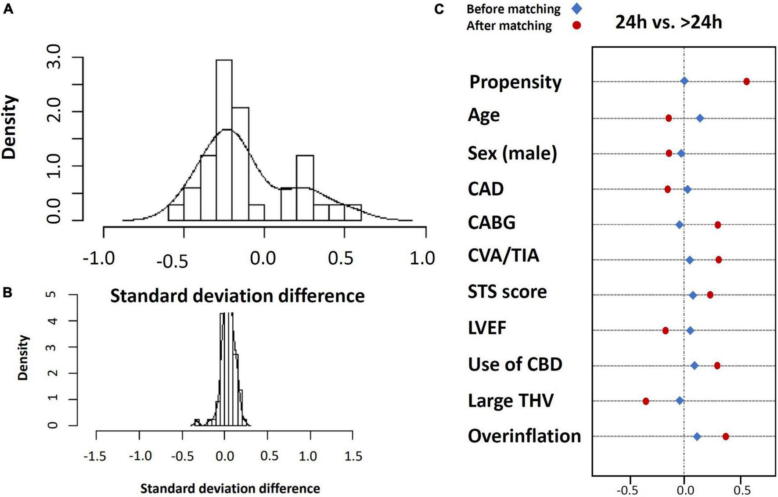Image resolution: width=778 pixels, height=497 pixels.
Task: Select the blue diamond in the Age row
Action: point(700,119)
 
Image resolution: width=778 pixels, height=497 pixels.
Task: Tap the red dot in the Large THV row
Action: point(645,401)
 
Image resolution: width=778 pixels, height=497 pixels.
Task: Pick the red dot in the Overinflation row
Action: point(725,436)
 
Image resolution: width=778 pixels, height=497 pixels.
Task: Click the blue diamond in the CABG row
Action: point(679,225)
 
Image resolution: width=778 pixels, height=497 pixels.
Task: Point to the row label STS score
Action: point(507,292)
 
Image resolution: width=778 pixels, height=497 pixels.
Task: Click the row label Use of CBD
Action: point(515,364)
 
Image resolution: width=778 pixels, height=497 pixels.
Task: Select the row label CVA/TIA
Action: point(503,255)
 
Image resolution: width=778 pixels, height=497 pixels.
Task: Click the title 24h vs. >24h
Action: point(668,22)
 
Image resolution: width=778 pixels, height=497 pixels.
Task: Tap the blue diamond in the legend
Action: point(577,8)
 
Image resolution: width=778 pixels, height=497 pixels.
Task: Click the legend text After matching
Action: point(509,26)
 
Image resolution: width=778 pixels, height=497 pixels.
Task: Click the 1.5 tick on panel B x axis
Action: point(353,457)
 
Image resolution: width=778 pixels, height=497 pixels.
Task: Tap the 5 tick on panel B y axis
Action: point(53,295)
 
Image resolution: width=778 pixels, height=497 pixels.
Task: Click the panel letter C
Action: point(439,8)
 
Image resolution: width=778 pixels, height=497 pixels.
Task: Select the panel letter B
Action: point(7,293)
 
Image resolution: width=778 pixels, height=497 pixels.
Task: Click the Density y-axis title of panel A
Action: point(10,127)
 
